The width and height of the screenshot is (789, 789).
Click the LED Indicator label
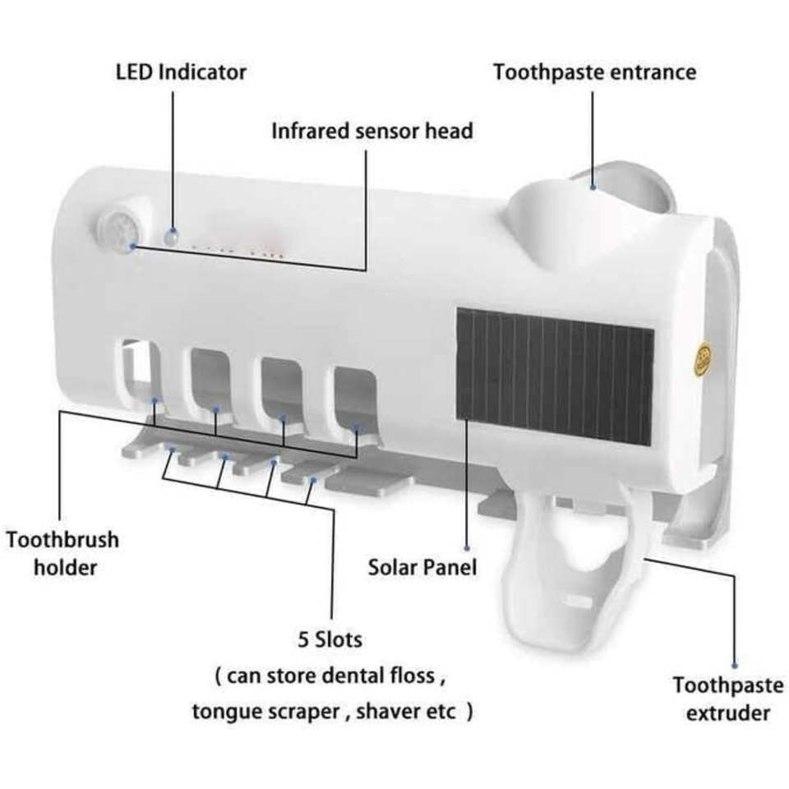(x=180, y=72)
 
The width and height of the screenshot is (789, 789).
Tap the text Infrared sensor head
(x=372, y=131)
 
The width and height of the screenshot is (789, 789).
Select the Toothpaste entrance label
(x=594, y=72)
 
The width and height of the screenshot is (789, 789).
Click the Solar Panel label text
(x=422, y=566)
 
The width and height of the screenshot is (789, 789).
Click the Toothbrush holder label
(x=62, y=552)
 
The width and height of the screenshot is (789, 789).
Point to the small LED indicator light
(x=170, y=237)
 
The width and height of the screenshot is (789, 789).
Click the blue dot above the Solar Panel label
(x=466, y=547)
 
